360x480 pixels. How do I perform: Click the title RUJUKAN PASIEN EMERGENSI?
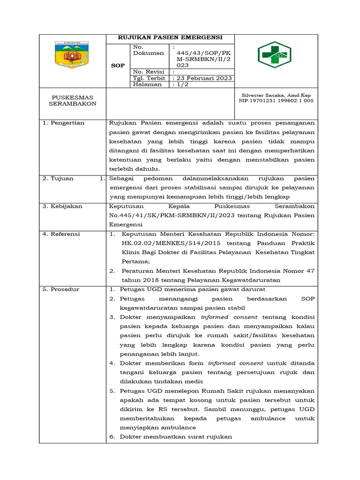tap(170, 38)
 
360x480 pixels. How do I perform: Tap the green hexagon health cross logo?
tap(275, 55)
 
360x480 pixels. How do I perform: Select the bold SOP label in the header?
tap(118, 66)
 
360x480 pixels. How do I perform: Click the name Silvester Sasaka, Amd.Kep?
tap(276, 95)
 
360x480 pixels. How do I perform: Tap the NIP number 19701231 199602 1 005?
tap(276, 101)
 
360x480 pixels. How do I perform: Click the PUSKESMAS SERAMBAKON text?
tap(73, 100)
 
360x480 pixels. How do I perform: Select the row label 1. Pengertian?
tap(63, 123)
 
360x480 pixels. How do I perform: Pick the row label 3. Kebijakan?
tap(63, 206)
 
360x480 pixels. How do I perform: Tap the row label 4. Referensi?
tap(61, 234)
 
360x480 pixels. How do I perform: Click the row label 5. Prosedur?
tap(61, 289)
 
